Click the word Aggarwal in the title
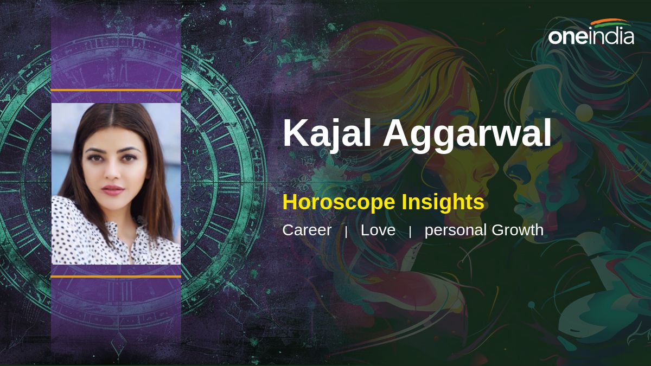click(x=467, y=135)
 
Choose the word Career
click(x=307, y=230)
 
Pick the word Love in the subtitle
click(x=378, y=230)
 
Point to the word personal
click(x=456, y=231)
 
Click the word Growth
click(x=518, y=230)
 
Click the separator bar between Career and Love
click(x=346, y=232)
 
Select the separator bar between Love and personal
click(x=410, y=232)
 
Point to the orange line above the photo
click(x=116, y=91)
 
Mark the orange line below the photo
click(x=116, y=277)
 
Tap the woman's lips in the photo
click(x=113, y=190)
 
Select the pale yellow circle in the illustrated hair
click(x=584, y=113)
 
